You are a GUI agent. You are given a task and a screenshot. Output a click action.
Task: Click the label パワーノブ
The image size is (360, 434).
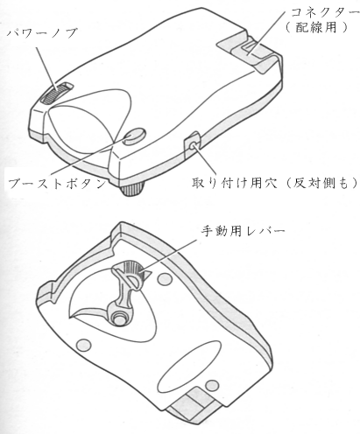pyautogui.click(x=42, y=33)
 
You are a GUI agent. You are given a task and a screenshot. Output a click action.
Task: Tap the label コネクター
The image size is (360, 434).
pyautogui.click(x=325, y=12)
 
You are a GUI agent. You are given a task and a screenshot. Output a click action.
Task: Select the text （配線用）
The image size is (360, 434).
pyautogui.click(x=317, y=27)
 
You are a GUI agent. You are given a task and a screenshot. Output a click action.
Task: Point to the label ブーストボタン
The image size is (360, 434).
pyautogui.click(x=57, y=184)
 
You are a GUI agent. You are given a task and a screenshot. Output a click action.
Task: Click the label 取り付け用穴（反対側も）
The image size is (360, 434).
pyautogui.click(x=274, y=183)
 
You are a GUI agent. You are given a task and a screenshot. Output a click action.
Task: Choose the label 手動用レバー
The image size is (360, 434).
pyautogui.click(x=243, y=231)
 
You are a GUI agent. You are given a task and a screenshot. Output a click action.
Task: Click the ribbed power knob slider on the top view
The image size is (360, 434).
pyautogui.click(x=57, y=93)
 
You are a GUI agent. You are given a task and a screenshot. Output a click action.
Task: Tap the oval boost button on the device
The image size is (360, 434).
pyautogui.click(x=134, y=136)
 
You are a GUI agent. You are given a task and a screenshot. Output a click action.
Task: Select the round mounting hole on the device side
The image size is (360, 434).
pyautogui.click(x=193, y=145)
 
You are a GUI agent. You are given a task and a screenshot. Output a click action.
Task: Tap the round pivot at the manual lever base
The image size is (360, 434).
pyautogui.click(x=119, y=318)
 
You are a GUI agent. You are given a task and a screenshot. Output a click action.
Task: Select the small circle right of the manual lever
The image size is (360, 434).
pyautogui.click(x=165, y=279)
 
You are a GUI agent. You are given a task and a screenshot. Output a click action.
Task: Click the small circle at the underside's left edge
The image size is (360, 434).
pyautogui.click(x=83, y=345)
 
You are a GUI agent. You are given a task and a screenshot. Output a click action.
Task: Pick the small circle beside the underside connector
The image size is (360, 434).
pyautogui.click(x=212, y=386)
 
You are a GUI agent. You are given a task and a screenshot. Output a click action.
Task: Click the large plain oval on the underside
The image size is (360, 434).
pyautogui.click(x=189, y=367)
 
